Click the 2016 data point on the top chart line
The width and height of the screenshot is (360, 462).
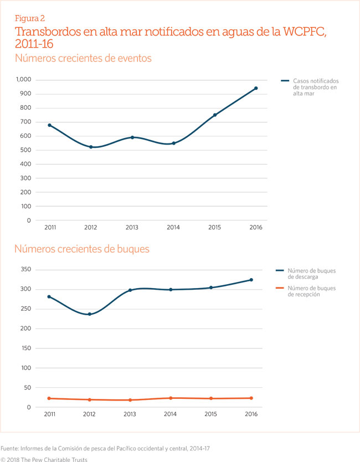click(256, 88)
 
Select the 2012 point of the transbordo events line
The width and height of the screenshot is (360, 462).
click(91, 147)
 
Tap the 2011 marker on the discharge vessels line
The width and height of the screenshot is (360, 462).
click(49, 297)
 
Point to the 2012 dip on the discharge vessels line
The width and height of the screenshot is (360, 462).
click(90, 314)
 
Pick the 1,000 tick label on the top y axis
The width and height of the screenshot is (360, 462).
click(23, 80)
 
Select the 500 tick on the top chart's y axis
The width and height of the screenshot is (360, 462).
click(26, 150)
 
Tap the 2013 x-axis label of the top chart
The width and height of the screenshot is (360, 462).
click(132, 228)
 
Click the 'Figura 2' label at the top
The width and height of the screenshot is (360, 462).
click(30, 18)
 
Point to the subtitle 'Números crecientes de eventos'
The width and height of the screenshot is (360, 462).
click(83, 58)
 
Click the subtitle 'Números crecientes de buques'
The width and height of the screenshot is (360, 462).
click(82, 249)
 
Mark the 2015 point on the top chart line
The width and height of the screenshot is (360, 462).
click(214, 115)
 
